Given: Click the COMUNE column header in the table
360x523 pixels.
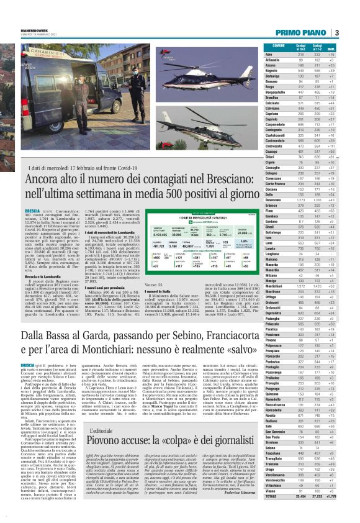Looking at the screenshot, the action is [279, 47].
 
